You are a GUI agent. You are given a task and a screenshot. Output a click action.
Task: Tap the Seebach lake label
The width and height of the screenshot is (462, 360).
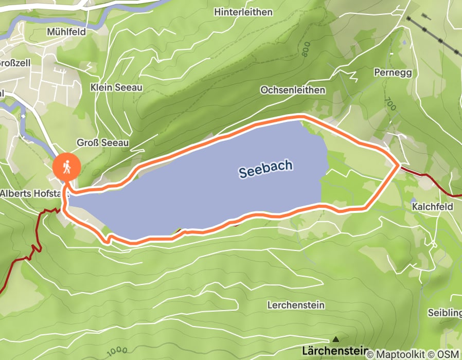pos(266,169)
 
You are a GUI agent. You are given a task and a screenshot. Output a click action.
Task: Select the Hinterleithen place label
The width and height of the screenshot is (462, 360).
pos(243,12)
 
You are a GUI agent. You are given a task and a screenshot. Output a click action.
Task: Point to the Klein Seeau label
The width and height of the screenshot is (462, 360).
pos(116,87)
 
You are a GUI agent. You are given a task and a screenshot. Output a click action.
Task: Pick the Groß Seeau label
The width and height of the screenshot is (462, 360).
pos(102,142)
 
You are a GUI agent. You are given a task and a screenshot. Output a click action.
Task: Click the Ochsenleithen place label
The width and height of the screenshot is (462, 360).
pos(293,90)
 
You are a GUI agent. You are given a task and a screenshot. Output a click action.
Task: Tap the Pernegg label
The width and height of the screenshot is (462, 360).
pos(394,73)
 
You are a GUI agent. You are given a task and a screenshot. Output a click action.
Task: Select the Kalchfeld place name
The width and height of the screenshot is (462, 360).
pos(432,206)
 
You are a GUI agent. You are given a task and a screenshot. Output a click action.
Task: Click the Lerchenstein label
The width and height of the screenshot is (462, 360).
pos(296,305)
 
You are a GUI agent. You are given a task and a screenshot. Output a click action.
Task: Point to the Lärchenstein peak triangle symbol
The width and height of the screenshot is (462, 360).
pos(336,339)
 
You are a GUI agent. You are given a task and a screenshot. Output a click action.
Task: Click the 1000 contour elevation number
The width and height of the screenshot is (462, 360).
pos(117,352)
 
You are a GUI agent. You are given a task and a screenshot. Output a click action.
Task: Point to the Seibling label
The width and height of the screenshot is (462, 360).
pos(445,313)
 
